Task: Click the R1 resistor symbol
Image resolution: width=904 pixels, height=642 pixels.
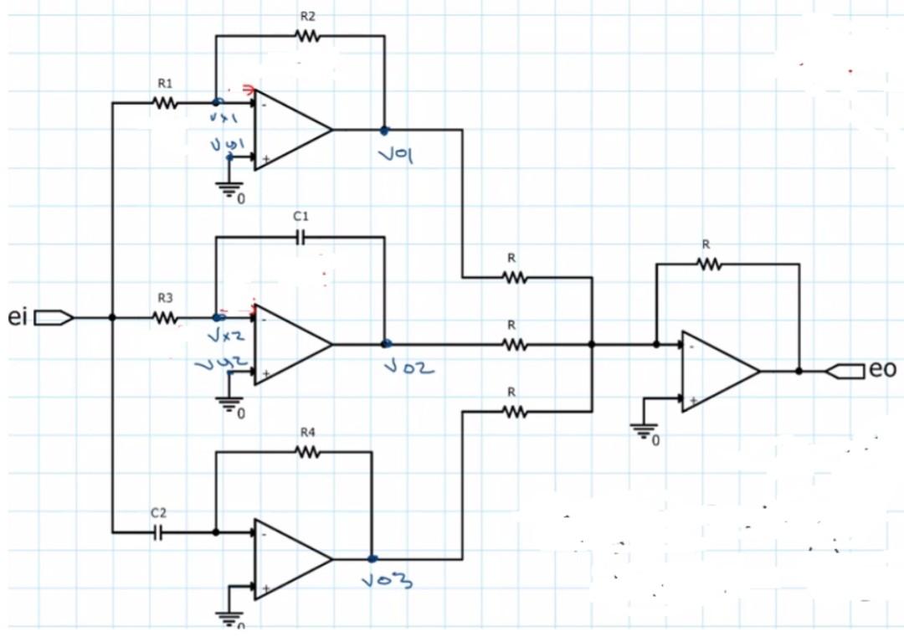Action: click(x=165, y=104)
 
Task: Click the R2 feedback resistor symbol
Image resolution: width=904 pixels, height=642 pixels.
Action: click(x=307, y=36)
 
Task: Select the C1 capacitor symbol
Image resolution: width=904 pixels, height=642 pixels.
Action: click(x=300, y=238)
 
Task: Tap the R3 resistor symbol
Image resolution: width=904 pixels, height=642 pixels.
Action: click(x=165, y=318)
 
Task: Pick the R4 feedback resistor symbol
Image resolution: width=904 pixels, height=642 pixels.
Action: click(x=307, y=452)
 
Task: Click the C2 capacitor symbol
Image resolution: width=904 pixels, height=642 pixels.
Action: click(x=159, y=532)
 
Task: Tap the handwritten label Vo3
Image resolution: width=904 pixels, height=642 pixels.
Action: click(x=388, y=582)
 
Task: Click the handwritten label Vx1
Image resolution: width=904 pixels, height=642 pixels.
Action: click(x=224, y=120)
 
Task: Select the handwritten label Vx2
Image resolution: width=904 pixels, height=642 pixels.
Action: click(x=226, y=337)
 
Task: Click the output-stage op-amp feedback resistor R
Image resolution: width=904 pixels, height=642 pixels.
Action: click(x=709, y=265)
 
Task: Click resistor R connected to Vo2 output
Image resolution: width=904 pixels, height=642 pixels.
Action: click(x=513, y=344)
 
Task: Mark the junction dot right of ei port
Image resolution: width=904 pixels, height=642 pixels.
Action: click(x=112, y=318)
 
